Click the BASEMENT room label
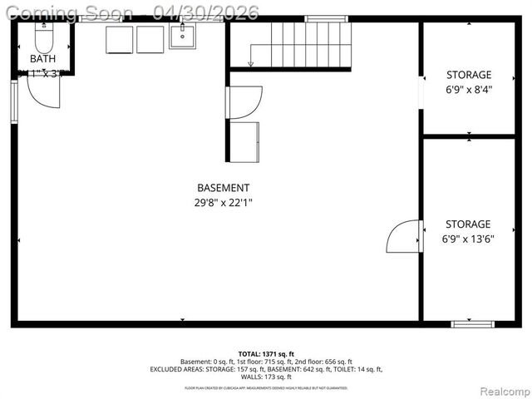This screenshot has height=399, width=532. [223, 188]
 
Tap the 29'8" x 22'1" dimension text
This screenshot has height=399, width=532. [223, 202]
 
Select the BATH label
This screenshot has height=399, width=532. [42, 59]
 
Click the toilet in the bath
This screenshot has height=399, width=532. [43, 37]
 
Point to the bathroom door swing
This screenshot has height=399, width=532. [43, 91]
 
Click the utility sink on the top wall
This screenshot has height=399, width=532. [182, 36]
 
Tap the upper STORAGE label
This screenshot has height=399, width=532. [469, 75]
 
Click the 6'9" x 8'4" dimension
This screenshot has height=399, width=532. [469, 90]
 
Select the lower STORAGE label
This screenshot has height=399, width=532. [469, 224]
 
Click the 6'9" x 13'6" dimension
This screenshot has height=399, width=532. [469, 239]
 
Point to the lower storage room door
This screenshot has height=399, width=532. [405, 236]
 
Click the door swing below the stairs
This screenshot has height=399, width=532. [245, 101]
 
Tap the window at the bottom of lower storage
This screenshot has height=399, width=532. [472, 323]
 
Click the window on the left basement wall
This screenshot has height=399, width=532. [14, 101]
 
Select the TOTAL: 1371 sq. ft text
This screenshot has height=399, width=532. [266, 353]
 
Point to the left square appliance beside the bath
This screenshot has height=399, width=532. [121, 39]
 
